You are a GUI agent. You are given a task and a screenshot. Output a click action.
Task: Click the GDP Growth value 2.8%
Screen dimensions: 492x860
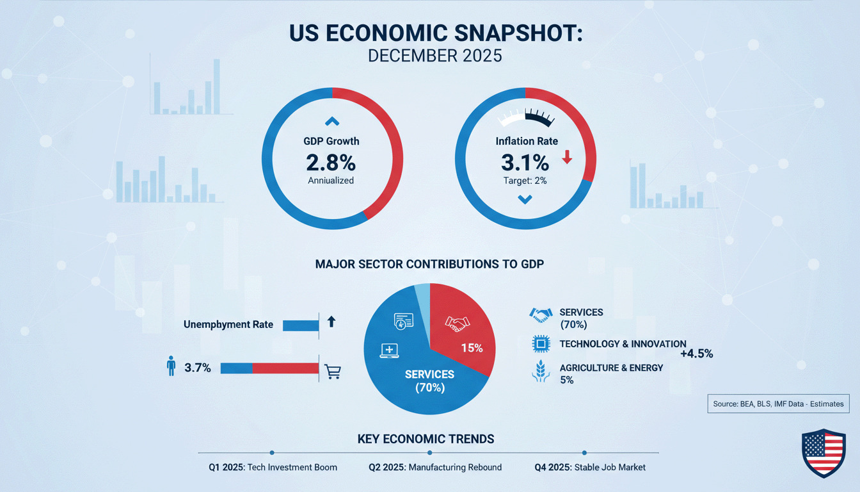pos(331,161)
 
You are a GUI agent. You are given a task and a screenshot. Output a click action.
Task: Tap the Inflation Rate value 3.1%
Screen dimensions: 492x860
pos(525,161)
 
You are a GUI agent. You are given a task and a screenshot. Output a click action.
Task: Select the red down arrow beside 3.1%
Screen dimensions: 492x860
pos(566,157)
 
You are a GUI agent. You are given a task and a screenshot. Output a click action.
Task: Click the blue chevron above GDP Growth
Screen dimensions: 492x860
pos(331,120)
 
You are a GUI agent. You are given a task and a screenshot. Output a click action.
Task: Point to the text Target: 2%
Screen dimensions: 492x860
pos(525,181)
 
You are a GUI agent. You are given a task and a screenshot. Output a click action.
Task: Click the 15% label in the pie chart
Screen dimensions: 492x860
pos(472,348)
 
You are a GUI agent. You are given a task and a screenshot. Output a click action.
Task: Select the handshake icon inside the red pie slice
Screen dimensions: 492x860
pos(457,324)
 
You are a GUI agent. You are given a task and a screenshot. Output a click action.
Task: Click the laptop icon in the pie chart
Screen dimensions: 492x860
pos(389,350)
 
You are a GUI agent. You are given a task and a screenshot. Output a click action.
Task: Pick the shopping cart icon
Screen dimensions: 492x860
pos(333,371)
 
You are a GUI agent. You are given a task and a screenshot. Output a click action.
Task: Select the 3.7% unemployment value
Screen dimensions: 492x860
pos(197,368)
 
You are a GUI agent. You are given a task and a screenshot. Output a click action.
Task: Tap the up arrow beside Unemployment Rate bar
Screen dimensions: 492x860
pos(331,322)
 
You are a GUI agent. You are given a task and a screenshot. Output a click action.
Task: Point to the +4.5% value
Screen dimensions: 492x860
pos(696,354)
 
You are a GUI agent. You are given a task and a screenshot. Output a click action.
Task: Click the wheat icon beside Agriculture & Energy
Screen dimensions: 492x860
pos(541,373)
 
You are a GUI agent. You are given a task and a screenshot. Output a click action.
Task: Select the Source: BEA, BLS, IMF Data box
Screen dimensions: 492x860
pos(778,404)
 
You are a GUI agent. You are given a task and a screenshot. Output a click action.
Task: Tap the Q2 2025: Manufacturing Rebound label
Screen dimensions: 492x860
pos(435,467)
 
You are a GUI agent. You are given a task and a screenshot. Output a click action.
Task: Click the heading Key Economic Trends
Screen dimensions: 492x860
pos(426,439)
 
